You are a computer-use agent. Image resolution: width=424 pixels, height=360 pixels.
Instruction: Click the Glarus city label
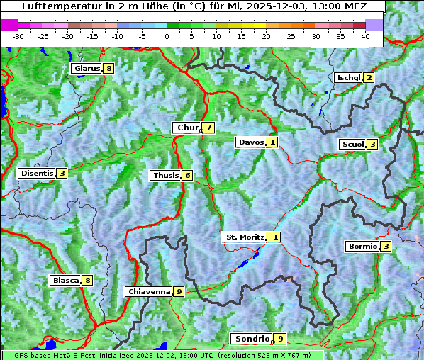(x=86, y=69)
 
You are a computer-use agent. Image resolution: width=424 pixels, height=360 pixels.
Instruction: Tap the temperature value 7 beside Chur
(x=208, y=128)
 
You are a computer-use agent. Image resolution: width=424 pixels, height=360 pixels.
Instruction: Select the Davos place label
(x=250, y=142)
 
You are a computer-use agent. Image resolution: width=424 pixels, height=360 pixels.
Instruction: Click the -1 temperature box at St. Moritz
(x=274, y=237)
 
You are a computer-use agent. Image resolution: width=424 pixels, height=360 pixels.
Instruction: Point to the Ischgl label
(x=348, y=78)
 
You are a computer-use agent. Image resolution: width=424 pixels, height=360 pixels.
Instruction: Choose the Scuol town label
(x=352, y=145)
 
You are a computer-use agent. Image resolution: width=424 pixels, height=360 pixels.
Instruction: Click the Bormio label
(x=362, y=247)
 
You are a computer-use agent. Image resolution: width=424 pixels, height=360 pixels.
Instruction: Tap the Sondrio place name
(x=252, y=339)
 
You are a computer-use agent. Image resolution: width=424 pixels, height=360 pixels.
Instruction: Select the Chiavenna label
(x=148, y=291)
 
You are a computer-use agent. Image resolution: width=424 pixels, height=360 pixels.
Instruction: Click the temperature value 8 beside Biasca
(x=87, y=281)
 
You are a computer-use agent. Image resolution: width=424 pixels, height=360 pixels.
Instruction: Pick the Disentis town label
(x=37, y=173)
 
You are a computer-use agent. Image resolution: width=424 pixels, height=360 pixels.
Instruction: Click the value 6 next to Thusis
(x=187, y=175)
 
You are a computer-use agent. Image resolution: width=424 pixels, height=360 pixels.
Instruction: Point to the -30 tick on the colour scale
(x=18, y=35)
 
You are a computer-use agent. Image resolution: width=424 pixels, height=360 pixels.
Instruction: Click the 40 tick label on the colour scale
(x=365, y=35)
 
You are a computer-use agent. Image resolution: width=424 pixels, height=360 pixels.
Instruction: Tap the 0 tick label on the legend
(x=167, y=35)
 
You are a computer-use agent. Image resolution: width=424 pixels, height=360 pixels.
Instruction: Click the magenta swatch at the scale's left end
(x=10, y=25)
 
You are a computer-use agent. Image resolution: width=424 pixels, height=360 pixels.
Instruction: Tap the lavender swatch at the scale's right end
(x=374, y=25)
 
